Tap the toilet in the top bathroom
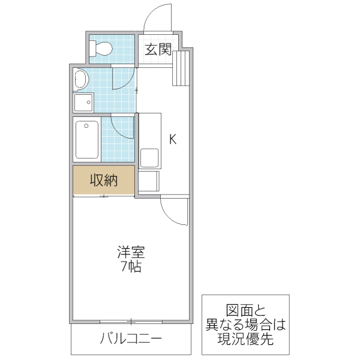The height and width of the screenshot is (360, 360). [101, 48]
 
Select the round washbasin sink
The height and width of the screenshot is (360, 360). [81, 78]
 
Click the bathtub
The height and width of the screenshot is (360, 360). [87, 139]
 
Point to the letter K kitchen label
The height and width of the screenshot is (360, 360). [172, 140]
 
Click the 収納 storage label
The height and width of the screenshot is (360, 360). [103, 179]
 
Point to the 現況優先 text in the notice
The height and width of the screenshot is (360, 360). [245, 340]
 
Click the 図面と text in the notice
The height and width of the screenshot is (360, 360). [245, 311]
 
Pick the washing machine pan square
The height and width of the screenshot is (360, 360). [83, 103]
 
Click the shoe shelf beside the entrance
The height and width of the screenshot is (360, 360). [182, 67]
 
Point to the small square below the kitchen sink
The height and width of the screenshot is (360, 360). [149, 181]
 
